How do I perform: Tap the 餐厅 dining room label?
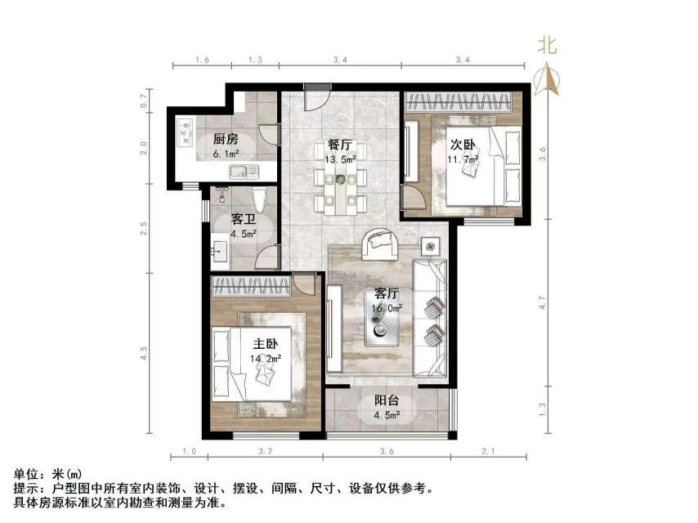coord(340,145)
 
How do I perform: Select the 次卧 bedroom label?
coord(463,145)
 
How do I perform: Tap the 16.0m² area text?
coord(387,309)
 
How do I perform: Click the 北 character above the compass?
coord(547,46)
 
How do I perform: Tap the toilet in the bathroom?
coord(259,199)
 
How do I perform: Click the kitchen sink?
coord(244,172)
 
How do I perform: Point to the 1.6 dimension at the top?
coord(203,60)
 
